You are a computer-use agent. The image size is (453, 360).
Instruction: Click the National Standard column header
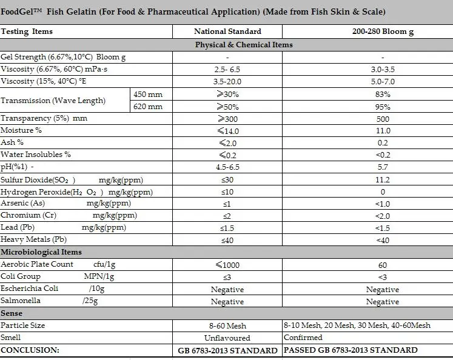(227, 32)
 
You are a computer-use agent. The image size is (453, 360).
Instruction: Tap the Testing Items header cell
(27, 32)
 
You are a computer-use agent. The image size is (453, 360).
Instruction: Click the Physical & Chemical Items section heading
(244, 45)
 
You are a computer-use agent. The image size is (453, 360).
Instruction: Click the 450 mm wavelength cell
(148, 95)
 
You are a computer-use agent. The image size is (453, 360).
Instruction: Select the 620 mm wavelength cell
(148, 107)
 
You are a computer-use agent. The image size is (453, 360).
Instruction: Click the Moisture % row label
(21, 130)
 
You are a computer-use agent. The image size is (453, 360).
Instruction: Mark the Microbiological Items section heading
(41, 252)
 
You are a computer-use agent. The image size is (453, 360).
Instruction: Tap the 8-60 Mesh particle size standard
(227, 325)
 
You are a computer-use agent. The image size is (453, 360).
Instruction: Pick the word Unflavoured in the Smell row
(227, 338)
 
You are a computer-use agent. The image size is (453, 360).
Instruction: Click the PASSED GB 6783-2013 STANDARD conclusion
(351, 350)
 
